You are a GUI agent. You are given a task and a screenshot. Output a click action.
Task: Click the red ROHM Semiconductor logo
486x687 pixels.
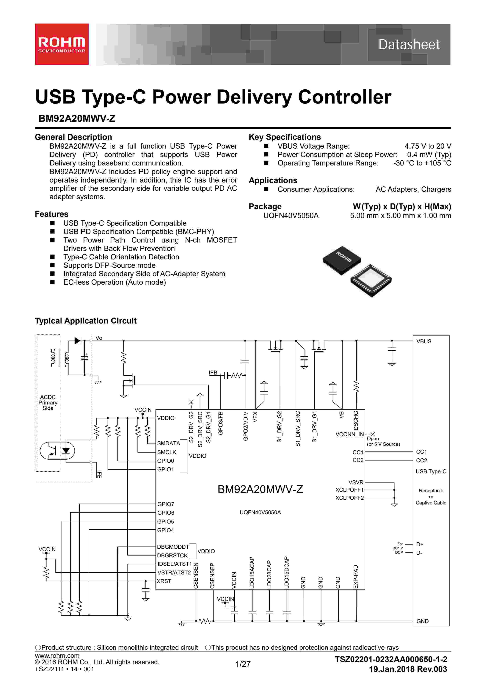click(62, 44)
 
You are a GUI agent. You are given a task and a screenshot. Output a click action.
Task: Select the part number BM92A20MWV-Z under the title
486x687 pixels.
click(77, 118)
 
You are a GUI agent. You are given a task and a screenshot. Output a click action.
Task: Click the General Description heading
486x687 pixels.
click(73, 137)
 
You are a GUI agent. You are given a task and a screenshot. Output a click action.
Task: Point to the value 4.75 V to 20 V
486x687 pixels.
click(428, 146)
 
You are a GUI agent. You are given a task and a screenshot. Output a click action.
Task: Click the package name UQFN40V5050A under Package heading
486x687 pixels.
click(291, 215)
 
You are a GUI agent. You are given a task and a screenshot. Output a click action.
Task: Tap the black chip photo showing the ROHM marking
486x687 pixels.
click(342, 259)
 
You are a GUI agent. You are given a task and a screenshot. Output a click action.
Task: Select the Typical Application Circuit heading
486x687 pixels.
click(86, 321)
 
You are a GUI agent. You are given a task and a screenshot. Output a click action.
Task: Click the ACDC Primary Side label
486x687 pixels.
click(48, 403)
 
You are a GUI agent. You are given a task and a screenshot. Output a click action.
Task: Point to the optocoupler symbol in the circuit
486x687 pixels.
click(57, 451)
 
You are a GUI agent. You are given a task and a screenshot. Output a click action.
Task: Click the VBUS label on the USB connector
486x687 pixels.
click(424, 341)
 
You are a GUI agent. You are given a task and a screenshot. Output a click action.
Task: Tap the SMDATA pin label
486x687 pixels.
click(168, 443)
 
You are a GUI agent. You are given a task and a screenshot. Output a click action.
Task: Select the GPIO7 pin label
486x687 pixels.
click(165, 504)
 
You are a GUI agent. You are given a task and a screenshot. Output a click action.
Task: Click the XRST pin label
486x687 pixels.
click(164, 581)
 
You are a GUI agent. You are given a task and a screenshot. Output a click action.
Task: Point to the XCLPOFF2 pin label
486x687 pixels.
click(349, 498)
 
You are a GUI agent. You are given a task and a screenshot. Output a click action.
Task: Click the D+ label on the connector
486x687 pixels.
click(420, 544)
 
